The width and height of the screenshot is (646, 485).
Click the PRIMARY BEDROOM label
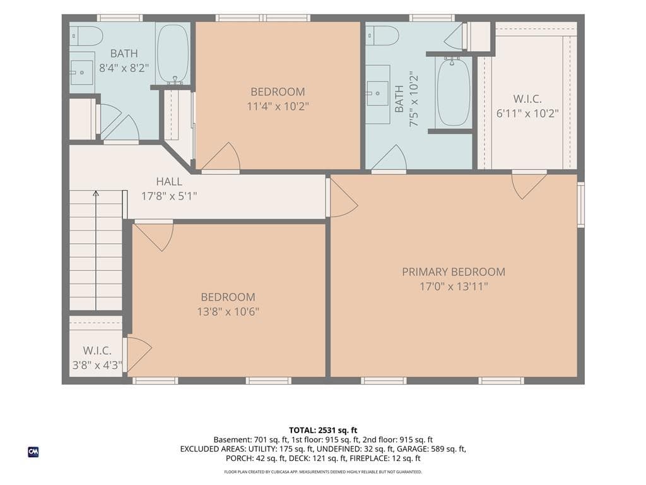tap(453, 272)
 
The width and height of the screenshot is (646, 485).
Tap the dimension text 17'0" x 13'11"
tap(454, 286)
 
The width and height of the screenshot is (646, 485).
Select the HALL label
tap(169, 181)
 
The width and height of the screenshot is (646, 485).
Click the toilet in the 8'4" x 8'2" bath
tap(86, 37)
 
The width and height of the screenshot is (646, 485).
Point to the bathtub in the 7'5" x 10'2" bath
tap(453, 92)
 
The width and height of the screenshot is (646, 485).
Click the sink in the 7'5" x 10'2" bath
tap(377, 93)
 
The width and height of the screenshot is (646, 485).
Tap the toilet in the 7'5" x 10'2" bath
tap(382, 36)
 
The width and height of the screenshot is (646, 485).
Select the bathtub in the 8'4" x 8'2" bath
tap(173, 54)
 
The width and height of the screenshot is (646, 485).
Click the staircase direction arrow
tap(96, 250)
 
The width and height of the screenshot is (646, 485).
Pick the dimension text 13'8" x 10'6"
tap(228, 311)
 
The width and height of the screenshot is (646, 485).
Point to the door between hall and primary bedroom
tap(341, 198)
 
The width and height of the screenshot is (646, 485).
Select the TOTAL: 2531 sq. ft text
tap(323, 431)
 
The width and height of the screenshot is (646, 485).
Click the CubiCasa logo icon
tap(33, 452)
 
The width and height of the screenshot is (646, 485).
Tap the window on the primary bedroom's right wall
tap(580, 205)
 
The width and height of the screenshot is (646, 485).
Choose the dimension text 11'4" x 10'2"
tap(278, 106)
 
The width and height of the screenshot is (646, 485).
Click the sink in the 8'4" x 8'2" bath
tap(81, 73)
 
